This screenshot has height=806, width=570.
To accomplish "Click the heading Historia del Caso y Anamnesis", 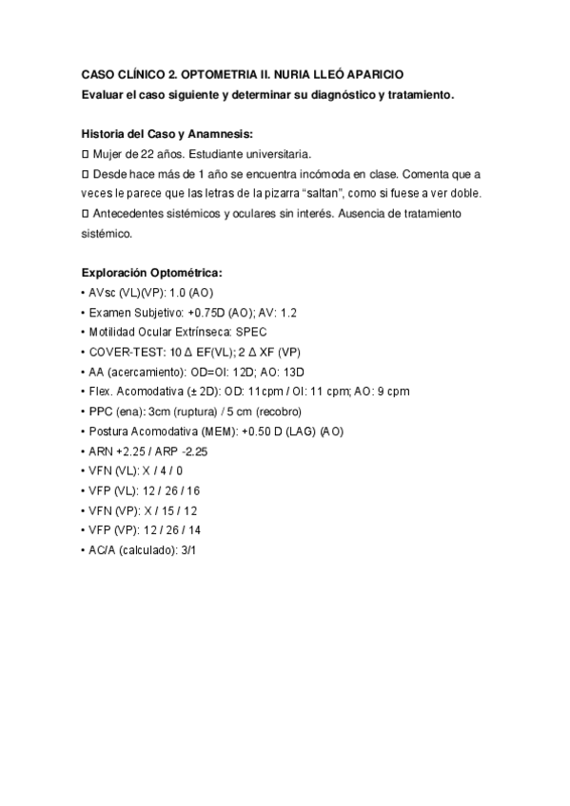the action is pyautogui.click(x=167, y=134).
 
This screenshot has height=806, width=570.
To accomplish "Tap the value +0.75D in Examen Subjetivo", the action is pyautogui.click(x=202, y=312).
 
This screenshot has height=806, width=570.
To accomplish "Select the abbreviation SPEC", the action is pyautogui.click(x=251, y=332).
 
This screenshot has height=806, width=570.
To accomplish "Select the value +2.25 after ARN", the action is pyautogui.click(x=131, y=451).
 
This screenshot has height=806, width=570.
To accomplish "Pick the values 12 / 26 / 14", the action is pyautogui.click(x=173, y=530).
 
